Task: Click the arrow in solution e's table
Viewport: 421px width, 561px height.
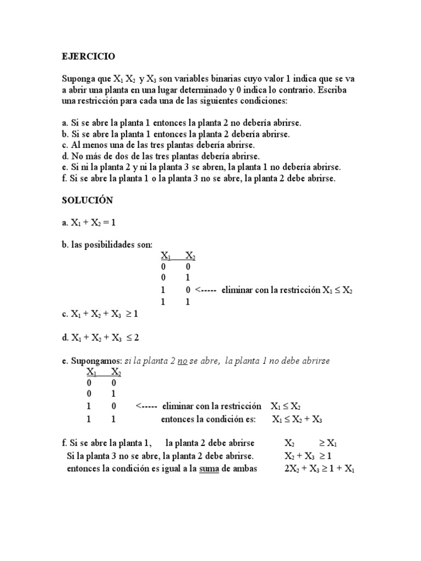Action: pos(146,407)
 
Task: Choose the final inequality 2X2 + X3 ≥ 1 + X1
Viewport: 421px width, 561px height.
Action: pos(320,469)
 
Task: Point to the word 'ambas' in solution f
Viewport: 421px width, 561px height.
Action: pos(244,469)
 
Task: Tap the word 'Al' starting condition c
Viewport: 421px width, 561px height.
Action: pos(76,145)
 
